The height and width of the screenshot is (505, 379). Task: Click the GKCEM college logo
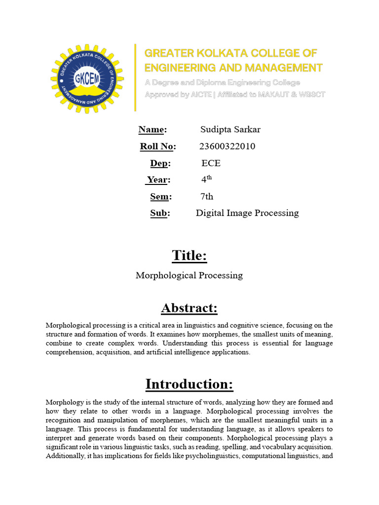[87, 78]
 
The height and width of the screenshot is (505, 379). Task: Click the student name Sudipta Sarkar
[230, 130]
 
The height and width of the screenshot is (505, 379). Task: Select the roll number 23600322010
[227, 146]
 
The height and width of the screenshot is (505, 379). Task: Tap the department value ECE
[211, 163]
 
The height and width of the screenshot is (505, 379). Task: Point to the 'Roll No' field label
[157, 146]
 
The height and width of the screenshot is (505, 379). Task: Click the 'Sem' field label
[160, 197]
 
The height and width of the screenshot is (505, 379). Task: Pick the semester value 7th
[207, 197]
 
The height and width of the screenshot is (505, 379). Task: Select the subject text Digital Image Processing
[247, 213]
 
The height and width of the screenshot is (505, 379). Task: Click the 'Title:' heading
[189, 255]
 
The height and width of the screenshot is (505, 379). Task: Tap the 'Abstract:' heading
[189, 308]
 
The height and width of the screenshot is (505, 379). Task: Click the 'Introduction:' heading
[189, 384]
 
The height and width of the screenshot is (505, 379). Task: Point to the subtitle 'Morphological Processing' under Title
[189, 276]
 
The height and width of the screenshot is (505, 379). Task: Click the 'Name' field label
[152, 130]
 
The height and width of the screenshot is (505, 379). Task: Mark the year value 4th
[206, 180]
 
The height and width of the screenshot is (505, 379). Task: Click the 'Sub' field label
[160, 213]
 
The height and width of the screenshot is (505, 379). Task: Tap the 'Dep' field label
[160, 163]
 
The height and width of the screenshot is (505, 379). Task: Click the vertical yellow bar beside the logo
[135, 77]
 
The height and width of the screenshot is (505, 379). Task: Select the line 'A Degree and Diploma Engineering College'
[222, 82]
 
